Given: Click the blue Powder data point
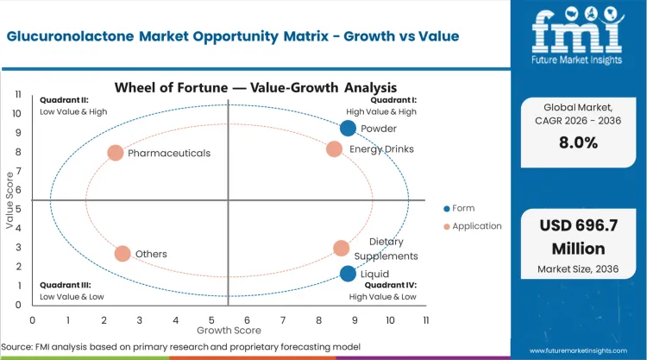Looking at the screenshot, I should point(348,129).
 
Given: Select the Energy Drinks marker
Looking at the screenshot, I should point(335,149).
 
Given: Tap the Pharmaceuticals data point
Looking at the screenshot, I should point(116,153).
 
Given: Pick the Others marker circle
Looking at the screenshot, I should point(122,254).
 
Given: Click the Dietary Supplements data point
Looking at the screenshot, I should point(342,249).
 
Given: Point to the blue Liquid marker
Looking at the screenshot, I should point(348,274).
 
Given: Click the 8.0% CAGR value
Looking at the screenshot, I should point(578,143).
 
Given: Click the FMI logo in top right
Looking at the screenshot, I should point(577,35).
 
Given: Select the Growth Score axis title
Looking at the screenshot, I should point(228,330).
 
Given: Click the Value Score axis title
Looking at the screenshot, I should point(10,200).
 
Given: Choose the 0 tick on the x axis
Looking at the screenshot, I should point(33,319).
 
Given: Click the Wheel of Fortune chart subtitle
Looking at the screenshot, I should point(255,87).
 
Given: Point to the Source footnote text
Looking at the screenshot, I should point(182,347).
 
